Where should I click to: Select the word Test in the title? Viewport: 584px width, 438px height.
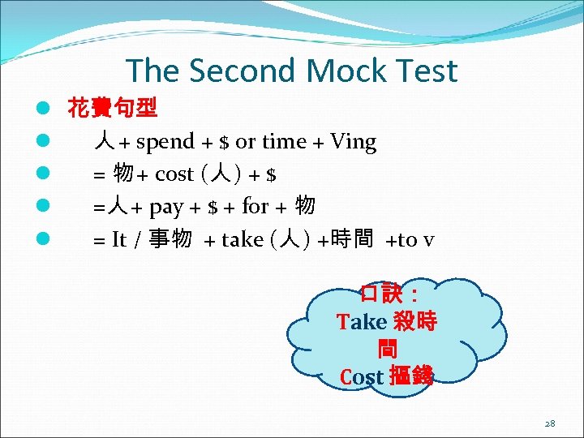pyautogui.click(x=423, y=71)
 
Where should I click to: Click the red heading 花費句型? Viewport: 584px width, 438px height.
pyautogui.click(x=113, y=108)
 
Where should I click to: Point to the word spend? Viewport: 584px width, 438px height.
pyautogui.click(x=165, y=142)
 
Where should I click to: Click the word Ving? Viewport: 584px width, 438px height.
pyautogui.click(x=354, y=142)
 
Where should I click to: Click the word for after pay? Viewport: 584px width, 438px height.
pyautogui.click(x=255, y=207)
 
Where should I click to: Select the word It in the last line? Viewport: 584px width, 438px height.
pyautogui.click(x=119, y=239)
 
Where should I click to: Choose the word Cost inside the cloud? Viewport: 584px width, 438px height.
pyautogui.click(x=361, y=377)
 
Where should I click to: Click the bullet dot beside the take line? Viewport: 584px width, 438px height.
pyautogui.click(x=39, y=239)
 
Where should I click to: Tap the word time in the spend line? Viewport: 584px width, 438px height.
pyautogui.click(x=284, y=142)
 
